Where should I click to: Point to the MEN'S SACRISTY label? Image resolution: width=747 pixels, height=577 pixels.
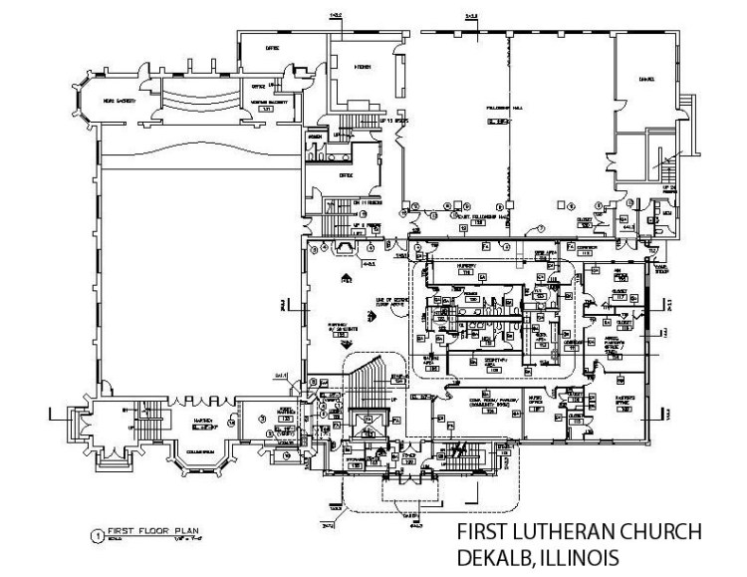tap(120, 100)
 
